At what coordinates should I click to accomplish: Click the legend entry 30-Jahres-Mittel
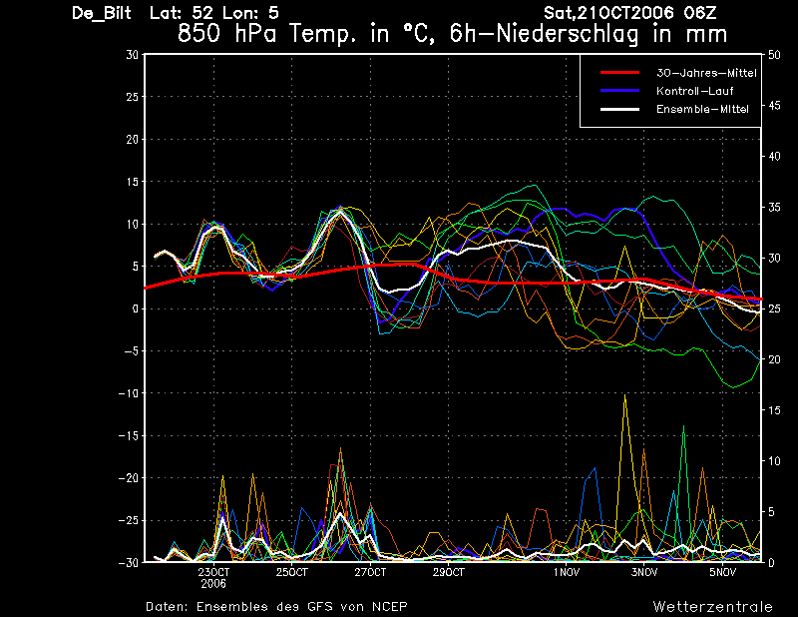706,73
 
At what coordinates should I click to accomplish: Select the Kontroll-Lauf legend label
694,91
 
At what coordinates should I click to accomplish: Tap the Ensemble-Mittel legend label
702,109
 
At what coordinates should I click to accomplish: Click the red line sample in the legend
619,73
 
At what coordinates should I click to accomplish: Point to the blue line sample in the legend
619,91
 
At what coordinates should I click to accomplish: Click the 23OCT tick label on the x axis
213,572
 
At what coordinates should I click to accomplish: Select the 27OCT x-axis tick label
370,572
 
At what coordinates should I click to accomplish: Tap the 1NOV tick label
566,572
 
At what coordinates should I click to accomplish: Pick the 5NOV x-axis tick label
722,572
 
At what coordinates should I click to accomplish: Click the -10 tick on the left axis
129,393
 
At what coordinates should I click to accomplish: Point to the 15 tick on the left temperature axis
133,182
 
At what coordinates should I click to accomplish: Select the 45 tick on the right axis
774,106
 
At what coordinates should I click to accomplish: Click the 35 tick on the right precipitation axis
774,208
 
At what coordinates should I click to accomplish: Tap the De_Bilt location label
102,13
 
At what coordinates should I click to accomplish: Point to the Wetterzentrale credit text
712,606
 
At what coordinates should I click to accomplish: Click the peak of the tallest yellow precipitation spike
625,394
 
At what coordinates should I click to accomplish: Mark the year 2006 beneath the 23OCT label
213,584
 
